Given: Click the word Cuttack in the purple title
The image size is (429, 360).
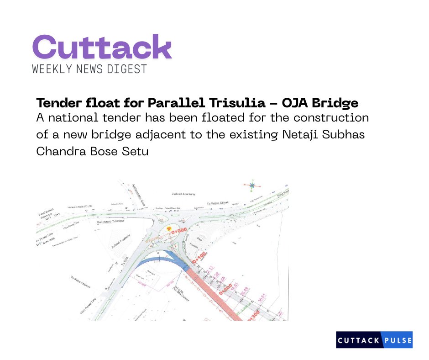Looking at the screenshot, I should click(x=102, y=47).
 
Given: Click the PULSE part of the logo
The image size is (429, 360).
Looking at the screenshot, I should click(x=398, y=340).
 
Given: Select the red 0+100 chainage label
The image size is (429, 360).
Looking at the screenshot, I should click(x=199, y=258).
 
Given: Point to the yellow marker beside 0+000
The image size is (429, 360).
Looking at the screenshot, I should click(x=168, y=228).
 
